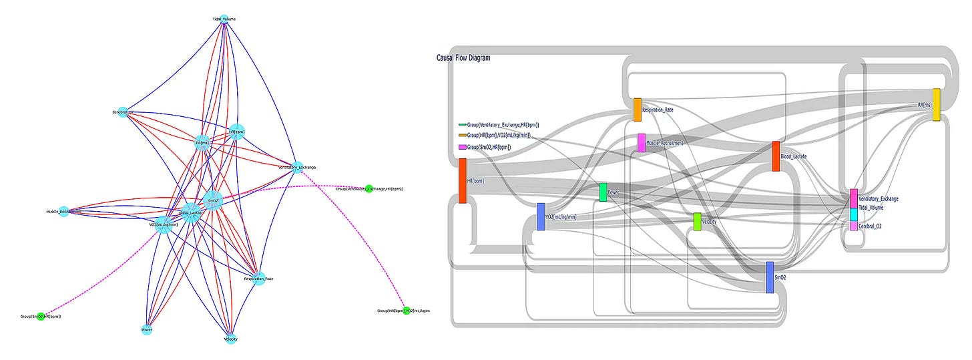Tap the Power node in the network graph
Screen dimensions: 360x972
pos(147,329)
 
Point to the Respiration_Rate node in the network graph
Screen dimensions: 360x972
pos(259,279)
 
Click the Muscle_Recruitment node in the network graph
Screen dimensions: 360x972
pos(63,211)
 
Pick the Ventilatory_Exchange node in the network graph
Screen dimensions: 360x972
pos(298,168)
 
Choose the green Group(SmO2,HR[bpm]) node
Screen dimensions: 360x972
pos(41,315)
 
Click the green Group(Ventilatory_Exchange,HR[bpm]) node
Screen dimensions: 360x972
pos(369,189)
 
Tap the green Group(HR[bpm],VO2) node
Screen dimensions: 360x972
pos(406,311)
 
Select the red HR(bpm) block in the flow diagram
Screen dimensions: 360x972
pos(462,180)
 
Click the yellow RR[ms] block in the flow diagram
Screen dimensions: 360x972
pos(937,104)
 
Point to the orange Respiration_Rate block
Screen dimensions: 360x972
pos(637,110)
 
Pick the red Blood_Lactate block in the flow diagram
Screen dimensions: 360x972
pos(776,156)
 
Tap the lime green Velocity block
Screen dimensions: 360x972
pos(697,221)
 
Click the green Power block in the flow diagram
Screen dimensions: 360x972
pos(603,192)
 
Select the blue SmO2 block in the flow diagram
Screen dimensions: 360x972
pos(770,277)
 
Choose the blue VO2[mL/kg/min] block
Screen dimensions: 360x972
pos(541,216)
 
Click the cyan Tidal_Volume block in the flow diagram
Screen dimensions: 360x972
pos(854,214)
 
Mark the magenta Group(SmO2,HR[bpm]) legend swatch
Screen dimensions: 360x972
pos(462,146)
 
